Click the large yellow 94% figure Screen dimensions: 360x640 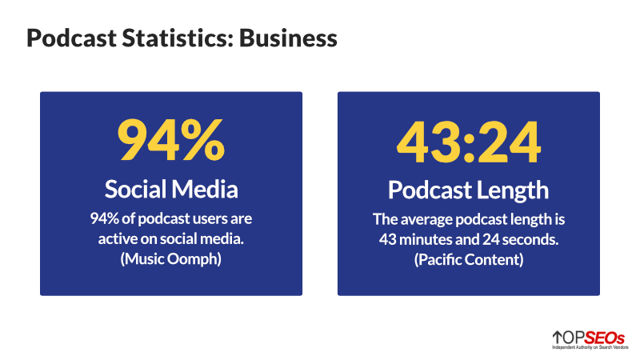click(170, 142)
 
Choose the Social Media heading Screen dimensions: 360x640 click(171, 190)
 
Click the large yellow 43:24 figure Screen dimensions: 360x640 click(469, 142)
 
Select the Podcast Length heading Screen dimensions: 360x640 click(469, 190)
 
